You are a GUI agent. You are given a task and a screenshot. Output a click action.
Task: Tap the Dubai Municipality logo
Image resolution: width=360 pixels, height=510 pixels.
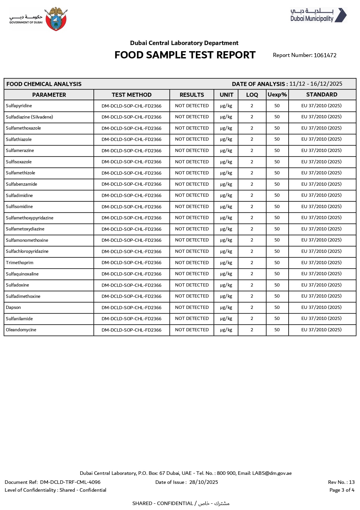(x=318, y=15)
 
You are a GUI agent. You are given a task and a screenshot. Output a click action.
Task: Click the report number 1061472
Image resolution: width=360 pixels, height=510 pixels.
(x=325, y=55)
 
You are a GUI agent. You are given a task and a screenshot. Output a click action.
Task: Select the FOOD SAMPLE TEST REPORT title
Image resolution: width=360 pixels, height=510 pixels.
(x=185, y=55)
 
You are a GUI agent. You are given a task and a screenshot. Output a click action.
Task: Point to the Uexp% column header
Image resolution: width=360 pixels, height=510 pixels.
(x=277, y=95)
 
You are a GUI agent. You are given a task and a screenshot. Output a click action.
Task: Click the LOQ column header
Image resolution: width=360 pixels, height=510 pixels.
(x=252, y=95)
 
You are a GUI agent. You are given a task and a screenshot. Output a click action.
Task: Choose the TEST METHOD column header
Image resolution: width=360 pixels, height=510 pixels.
(x=132, y=95)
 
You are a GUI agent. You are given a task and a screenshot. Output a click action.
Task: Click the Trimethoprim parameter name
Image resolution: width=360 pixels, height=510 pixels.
(x=20, y=263)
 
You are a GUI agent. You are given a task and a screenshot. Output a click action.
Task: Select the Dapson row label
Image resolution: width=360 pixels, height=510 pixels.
(x=13, y=307)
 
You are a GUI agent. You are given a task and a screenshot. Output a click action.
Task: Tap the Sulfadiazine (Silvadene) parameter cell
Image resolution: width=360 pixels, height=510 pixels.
(x=29, y=117)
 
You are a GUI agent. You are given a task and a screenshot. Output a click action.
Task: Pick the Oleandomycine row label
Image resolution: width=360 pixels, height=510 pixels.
(x=21, y=330)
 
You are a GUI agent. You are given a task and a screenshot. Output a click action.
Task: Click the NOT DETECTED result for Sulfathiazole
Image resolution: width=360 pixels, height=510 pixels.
(x=192, y=139)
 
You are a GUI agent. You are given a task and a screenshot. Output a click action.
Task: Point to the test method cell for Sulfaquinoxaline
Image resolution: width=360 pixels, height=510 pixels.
(x=132, y=274)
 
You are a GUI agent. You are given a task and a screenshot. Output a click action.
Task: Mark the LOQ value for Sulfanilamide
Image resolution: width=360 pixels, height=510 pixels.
(x=252, y=318)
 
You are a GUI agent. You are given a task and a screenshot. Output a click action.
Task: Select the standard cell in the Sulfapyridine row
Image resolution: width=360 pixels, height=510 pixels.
(x=321, y=106)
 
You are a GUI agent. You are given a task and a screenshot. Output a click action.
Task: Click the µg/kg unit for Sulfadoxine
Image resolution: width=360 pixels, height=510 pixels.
(x=226, y=285)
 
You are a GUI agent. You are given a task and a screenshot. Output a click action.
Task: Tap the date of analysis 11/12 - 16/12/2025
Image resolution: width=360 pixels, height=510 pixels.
(x=316, y=84)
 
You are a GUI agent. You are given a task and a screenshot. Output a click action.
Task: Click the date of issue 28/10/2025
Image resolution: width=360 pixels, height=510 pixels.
(x=204, y=482)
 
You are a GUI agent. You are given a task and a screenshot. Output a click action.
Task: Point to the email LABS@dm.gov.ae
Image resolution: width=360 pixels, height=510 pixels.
(x=272, y=473)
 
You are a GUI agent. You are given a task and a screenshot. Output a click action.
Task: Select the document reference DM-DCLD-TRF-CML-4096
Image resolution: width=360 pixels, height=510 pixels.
(x=70, y=482)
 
